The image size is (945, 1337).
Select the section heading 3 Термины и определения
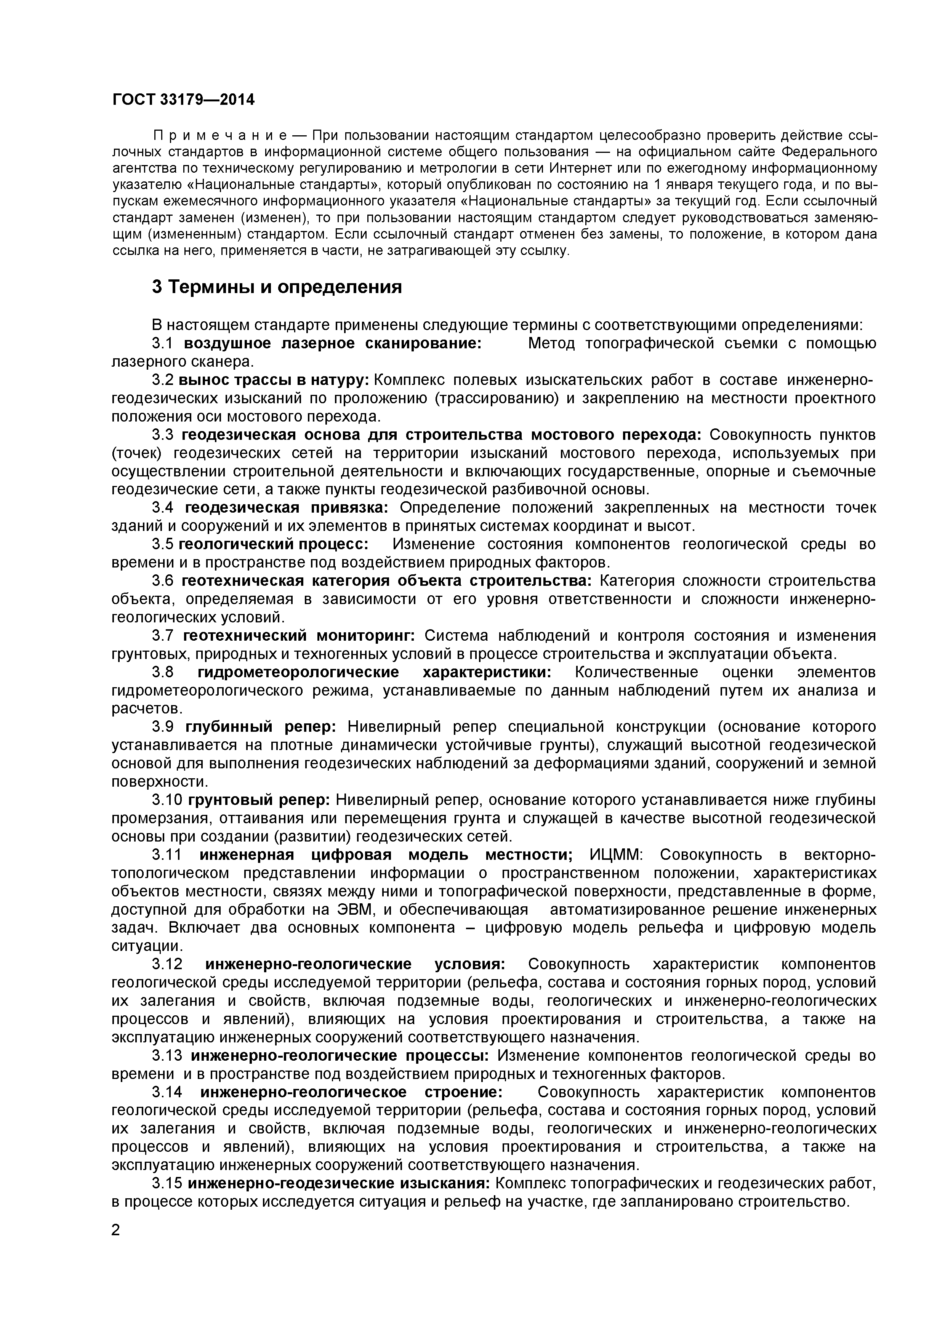pyautogui.click(x=277, y=287)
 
